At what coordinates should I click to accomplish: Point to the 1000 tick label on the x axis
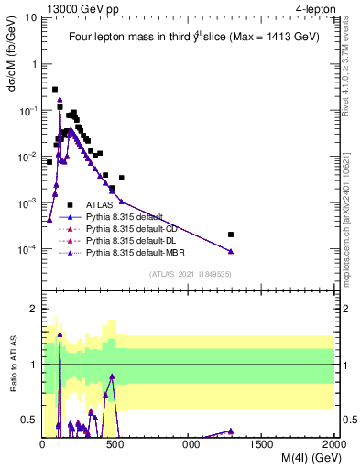pyautogui.click(x=189, y=444)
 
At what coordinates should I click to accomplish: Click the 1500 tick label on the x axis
pyautogui.click(x=262, y=444)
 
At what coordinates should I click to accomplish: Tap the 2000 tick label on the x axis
pyautogui.click(x=333, y=444)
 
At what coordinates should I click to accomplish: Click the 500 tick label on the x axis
pyautogui.click(x=115, y=444)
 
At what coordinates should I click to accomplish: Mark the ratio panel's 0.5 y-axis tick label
pyautogui.click(x=30, y=420)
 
